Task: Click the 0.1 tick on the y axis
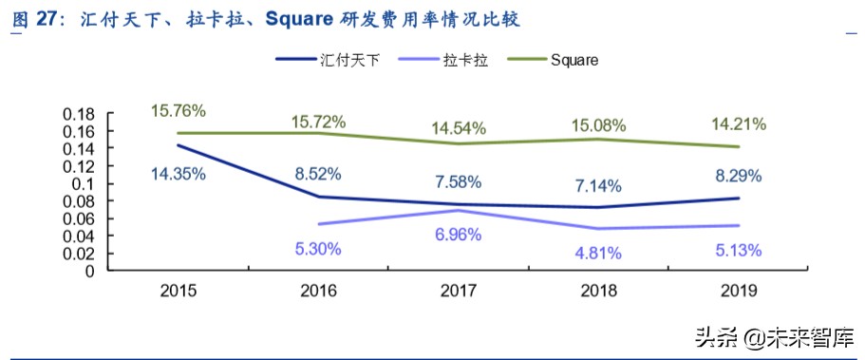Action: click(87, 183)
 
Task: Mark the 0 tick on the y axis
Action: click(93, 271)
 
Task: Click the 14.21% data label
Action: click(739, 123)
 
